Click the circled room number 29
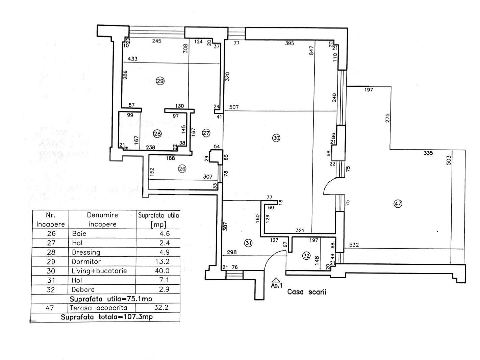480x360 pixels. click(x=160, y=81)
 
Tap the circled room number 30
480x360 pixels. click(x=276, y=138)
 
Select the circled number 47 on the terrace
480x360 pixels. click(x=398, y=204)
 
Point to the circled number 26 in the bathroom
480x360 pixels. click(x=182, y=169)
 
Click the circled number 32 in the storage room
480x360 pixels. click(x=306, y=256)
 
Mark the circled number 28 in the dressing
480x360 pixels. click(x=157, y=133)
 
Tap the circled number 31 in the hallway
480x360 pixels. click(x=248, y=242)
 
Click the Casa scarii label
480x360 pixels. click(x=307, y=292)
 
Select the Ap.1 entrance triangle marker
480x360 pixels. click(x=276, y=280)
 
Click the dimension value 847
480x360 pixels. click(x=311, y=51)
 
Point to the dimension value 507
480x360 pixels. click(x=234, y=107)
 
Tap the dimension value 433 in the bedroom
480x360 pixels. click(x=133, y=59)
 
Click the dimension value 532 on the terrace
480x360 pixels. click(x=354, y=245)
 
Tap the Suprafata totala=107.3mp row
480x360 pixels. click(x=106, y=317)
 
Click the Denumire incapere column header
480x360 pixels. click(x=102, y=219)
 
